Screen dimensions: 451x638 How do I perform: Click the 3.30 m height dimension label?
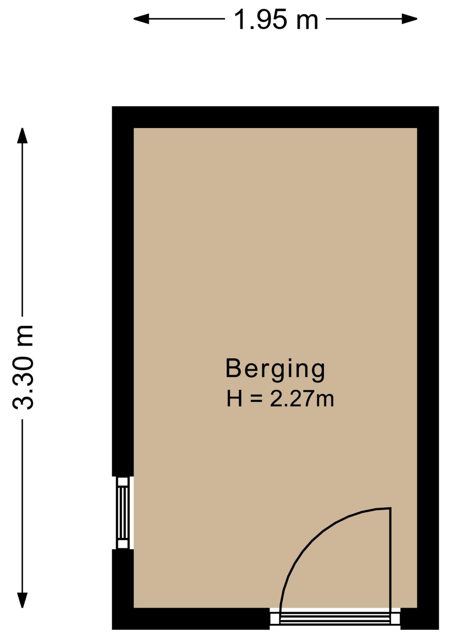(x=23, y=367)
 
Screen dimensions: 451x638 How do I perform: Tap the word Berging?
(x=275, y=369)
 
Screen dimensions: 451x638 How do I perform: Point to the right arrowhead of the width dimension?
(x=409, y=19)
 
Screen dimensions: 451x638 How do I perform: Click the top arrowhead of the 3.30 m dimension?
(x=22, y=136)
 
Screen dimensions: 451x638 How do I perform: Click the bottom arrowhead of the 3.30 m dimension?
(x=22, y=600)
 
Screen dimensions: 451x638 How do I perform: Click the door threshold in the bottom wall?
(x=335, y=618)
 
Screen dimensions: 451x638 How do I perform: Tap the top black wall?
(x=275, y=117)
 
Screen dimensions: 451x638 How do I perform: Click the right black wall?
(x=428, y=368)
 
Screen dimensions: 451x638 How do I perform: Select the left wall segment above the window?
(x=123, y=291)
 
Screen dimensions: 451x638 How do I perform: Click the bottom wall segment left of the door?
(x=191, y=619)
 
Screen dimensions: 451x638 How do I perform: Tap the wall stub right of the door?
(x=420, y=619)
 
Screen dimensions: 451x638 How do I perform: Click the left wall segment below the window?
(x=123, y=589)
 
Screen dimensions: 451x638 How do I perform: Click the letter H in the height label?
(x=234, y=399)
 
